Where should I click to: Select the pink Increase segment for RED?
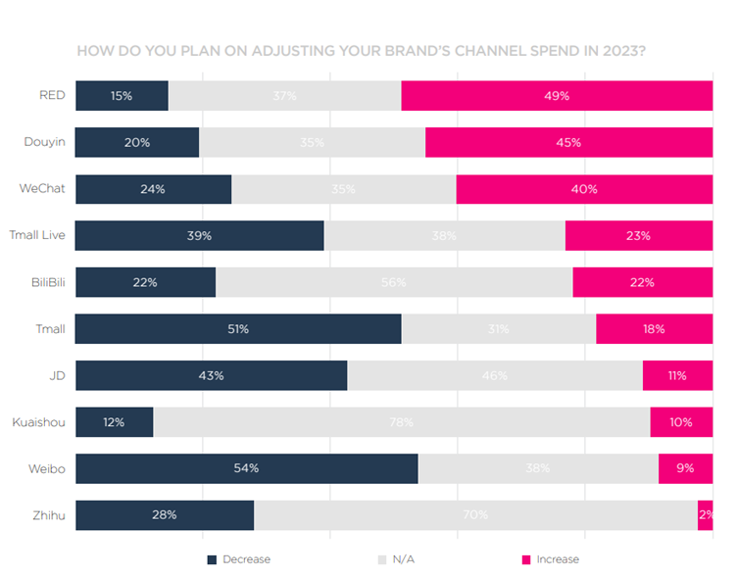[x=557, y=96]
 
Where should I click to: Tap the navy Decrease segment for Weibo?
[x=246, y=468]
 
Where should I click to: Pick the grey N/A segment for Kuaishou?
[x=401, y=422]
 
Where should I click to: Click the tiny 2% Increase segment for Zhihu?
[x=705, y=515]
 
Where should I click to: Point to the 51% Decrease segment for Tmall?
[x=237, y=329]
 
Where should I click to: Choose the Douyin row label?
[x=44, y=142]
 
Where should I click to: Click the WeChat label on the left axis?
[x=42, y=189]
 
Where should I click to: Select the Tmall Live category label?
[x=37, y=235]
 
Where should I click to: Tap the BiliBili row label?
[x=45, y=282]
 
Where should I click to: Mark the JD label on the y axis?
[x=58, y=375]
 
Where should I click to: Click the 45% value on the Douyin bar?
[x=568, y=142]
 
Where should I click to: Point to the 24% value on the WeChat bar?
[x=152, y=189]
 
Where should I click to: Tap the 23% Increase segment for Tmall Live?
[x=638, y=236]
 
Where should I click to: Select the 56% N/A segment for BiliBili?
[x=394, y=282]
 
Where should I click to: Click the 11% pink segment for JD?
[x=676, y=375]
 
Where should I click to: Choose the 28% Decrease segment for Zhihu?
[x=164, y=515]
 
